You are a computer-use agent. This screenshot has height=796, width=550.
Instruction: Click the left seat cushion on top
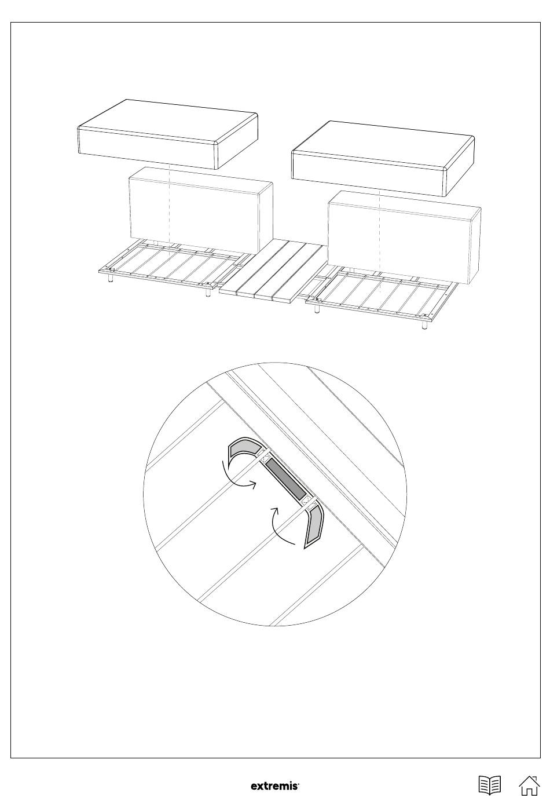(167, 134)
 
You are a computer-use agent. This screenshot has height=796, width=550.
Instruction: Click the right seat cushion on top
(383, 158)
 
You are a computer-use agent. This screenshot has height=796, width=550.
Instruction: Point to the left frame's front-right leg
(207, 291)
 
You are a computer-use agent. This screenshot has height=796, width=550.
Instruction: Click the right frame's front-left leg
(316, 308)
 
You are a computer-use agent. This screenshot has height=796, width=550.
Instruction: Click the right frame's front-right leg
(424, 325)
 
